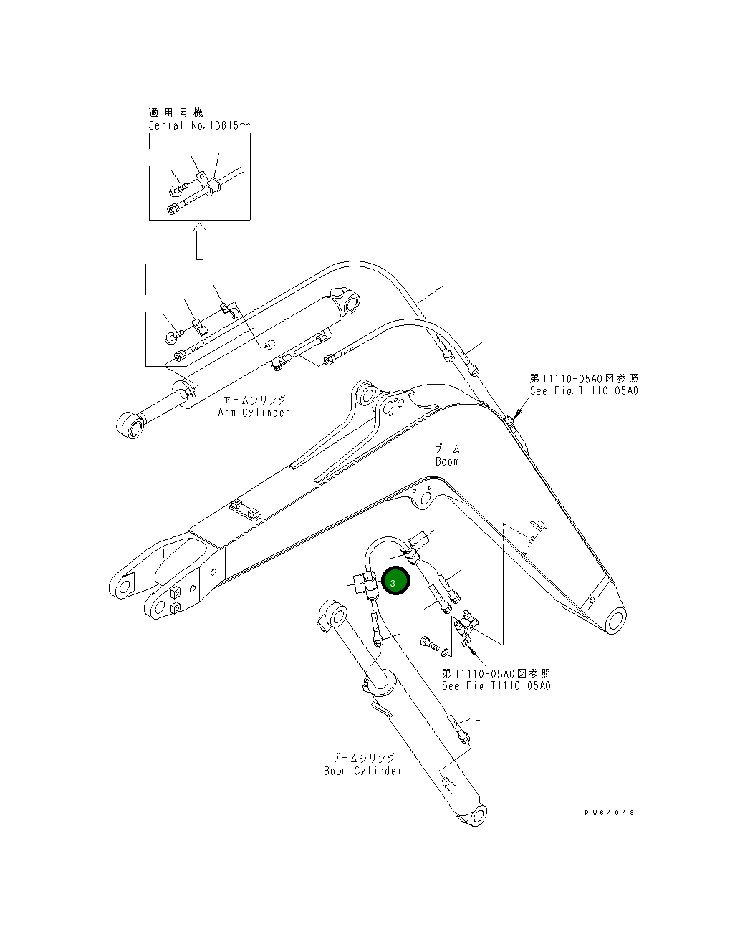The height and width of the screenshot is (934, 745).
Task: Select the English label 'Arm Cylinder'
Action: [x=254, y=413]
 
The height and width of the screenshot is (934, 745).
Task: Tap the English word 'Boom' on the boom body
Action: [x=447, y=461]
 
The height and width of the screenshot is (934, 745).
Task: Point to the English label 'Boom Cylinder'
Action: [x=362, y=771]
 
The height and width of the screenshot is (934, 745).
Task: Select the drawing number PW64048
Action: [x=609, y=813]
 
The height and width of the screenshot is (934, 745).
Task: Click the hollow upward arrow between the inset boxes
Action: [x=200, y=241]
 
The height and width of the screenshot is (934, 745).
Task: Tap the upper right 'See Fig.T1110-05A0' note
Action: [x=584, y=391]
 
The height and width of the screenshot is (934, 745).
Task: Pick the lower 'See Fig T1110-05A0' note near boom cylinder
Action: [x=496, y=685]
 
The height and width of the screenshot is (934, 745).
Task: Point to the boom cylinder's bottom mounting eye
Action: [x=476, y=815]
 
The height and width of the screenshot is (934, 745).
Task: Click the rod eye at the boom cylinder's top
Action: [x=331, y=614]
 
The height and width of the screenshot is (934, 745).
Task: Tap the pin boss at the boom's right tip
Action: [x=614, y=620]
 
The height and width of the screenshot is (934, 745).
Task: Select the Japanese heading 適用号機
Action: [x=176, y=112]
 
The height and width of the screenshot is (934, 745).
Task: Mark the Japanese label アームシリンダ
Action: [x=254, y=400]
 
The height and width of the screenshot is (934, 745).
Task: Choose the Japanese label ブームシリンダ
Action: [x=362, y=757]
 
